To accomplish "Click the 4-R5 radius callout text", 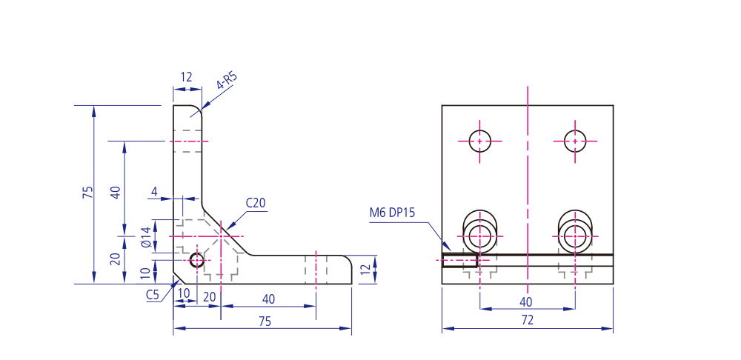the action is tap(226, 81).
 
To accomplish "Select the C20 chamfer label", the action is tap(256, 203).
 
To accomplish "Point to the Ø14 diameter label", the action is tap(146, 237).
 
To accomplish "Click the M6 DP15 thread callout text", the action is tap(392, 213).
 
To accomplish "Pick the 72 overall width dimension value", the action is tap(528, 320).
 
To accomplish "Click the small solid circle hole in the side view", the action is tap(196, 260).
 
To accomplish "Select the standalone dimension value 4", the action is tap(154, 192).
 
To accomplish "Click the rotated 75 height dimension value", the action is tap(88, 193).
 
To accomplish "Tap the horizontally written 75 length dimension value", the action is tap(265, 321).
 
